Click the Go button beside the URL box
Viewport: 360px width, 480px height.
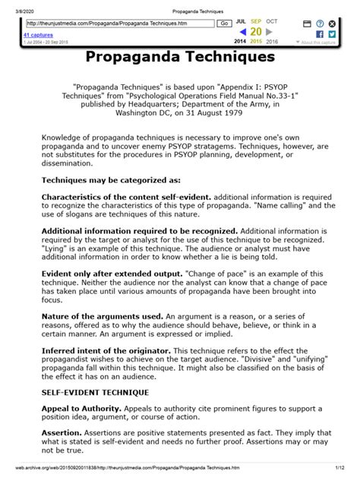coord(225,24)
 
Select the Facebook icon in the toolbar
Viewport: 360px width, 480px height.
coord(319,34)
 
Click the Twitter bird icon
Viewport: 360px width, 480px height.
coord(332,34)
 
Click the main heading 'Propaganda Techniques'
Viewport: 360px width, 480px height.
coord(180,57)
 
